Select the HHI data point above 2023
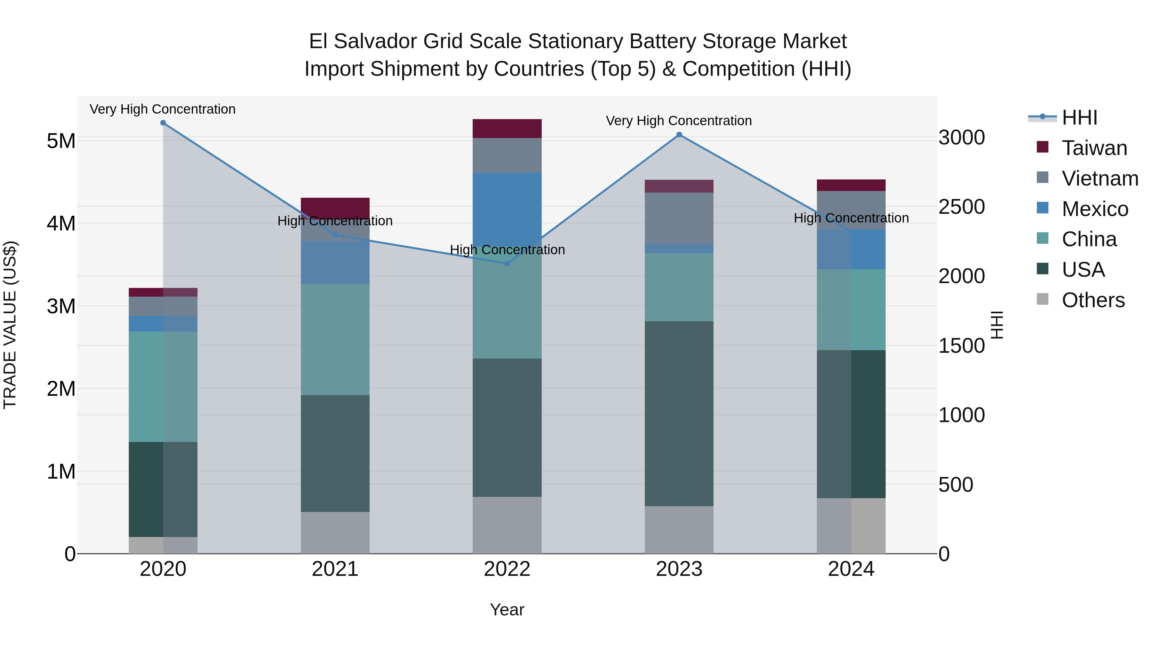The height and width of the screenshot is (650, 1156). (679, 134)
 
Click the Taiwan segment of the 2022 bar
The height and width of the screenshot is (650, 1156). (507, 129)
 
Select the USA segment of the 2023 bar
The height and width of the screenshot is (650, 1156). (679, 414)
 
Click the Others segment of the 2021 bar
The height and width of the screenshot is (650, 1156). (335, 533)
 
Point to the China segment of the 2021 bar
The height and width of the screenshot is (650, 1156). (335, 339)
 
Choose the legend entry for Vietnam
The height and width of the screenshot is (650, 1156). (1099, 178)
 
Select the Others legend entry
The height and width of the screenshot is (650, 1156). (1093, 300)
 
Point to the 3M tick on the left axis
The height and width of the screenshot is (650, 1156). (61, 307)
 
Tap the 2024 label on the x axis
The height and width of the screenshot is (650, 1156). (851, 569)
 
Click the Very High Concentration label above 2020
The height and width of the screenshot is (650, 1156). (162, 109)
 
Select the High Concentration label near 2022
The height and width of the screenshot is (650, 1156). (507, 250)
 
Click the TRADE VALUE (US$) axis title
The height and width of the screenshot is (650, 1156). (10, 325)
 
